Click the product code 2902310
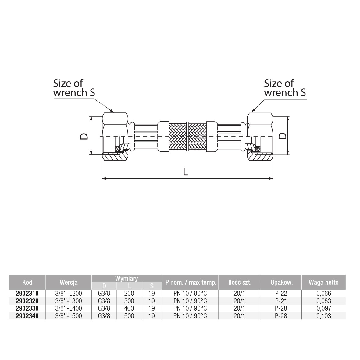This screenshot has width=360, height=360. pos(27,294)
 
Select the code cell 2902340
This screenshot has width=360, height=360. pos(27,316)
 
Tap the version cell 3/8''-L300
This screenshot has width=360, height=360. pos(68,301)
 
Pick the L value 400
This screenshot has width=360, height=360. pos(129,308)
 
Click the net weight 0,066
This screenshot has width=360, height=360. pos(324,294)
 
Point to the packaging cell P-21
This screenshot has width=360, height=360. pos(281,301)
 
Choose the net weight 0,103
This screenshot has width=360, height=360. pos(324,316)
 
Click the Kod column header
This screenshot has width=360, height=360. pos(27,282)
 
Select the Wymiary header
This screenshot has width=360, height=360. pos(127,279)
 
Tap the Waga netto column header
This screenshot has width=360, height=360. pos(323,282)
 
